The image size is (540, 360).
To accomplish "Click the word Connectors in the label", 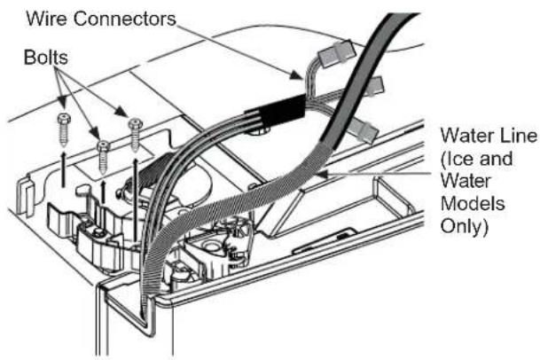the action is [x=125, y=19].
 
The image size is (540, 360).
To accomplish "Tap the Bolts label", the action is [x=46, y=57].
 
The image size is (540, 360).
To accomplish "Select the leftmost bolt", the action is [x=64, y=129].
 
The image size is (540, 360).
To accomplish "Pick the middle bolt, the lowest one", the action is [x=104, y=157].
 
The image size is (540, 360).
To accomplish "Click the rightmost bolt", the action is [x=135, y=135].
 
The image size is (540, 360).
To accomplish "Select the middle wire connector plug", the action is [x=375, y=85].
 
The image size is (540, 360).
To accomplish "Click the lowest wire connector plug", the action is [x=364, y=130].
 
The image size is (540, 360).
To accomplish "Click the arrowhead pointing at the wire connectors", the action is [x=296, y=75].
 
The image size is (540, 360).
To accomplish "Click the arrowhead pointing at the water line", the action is [x=323, y=173].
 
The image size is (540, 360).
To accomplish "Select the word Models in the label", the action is [x=473, y=204].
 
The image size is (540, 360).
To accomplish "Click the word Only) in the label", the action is [x=465, y=227].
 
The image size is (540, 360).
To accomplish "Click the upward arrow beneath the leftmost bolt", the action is [x=63, y=169].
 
